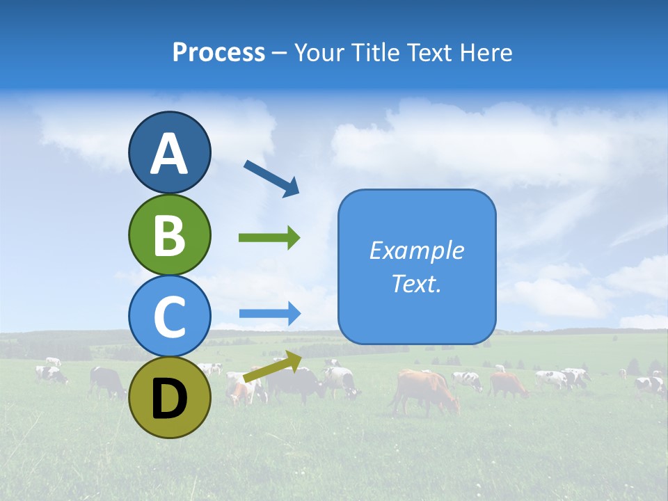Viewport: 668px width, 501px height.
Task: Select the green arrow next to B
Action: [x=269, y=238]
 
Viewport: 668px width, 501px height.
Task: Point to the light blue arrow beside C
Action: [x=269, y=313]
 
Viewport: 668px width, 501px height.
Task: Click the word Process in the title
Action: [x=218, y=53]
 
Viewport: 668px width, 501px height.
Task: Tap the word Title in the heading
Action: [x=373, y=53]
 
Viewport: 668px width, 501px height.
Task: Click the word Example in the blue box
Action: [x=416, y=250]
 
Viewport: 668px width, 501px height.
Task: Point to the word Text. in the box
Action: [x=416, y=284]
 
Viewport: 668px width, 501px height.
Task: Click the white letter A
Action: [x=169, y=154]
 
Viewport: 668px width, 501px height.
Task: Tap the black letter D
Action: [x=169, y=399]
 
